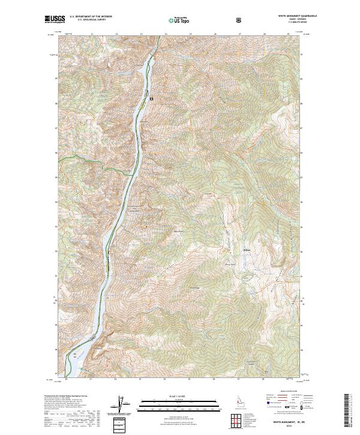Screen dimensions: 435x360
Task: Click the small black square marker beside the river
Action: click(152, 98)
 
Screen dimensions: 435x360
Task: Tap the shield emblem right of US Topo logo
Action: click(240, 20)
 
